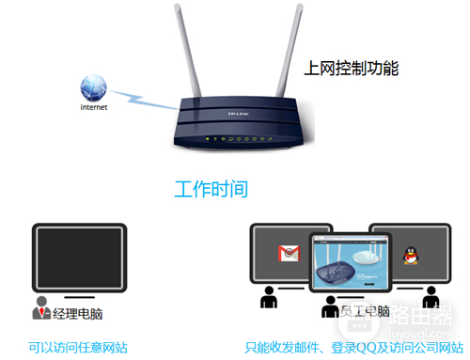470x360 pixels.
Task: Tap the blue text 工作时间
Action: [x=211, y=189]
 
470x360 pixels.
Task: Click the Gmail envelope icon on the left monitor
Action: [x=287, y=252]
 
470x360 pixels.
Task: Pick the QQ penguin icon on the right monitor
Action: [x=410, y=254]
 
